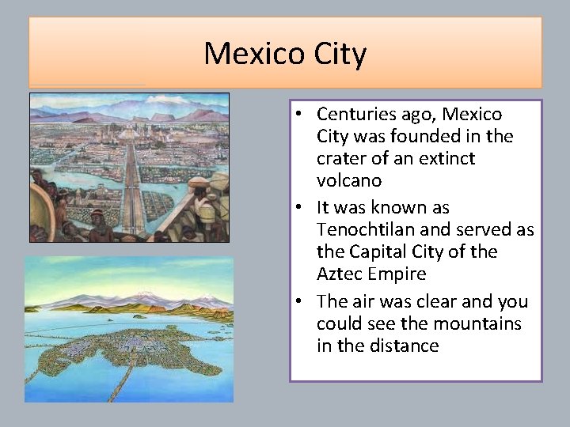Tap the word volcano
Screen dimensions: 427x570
pos(348,180)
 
